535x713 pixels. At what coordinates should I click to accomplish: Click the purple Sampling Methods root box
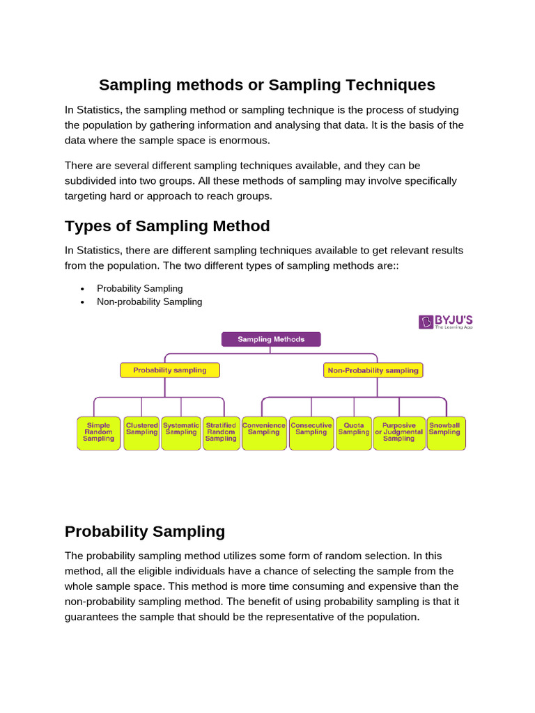(x=271, y=339)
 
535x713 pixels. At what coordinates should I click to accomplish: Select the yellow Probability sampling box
(x=170, y=370)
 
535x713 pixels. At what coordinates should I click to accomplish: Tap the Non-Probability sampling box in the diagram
(x=373, y=370)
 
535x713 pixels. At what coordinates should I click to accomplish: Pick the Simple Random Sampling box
(x=98, y=432)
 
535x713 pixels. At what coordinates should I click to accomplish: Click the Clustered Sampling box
(x=141, y=432)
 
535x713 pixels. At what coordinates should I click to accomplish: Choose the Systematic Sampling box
(x=181, y=432)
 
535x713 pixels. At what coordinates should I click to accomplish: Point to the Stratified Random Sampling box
(x=221, y=432)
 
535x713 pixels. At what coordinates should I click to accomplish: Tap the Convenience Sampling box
(x=264, y=432)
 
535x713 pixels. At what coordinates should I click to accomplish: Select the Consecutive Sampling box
(x=311, y=432)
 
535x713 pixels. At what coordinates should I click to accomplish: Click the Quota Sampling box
(x=354, y=432)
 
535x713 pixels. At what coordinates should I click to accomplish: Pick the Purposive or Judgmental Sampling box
(x=399, y=432)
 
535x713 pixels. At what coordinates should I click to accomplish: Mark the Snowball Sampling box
(x=444, y=432)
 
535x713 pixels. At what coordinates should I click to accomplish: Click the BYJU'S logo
(x=445, y=322)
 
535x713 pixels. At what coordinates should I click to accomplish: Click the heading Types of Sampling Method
(x=167, y=226)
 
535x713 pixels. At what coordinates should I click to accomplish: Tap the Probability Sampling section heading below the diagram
(x=145, y=531)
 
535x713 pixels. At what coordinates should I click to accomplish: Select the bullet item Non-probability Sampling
(x=149, y=301)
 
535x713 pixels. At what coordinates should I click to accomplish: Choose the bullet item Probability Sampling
(x=139, y=288)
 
